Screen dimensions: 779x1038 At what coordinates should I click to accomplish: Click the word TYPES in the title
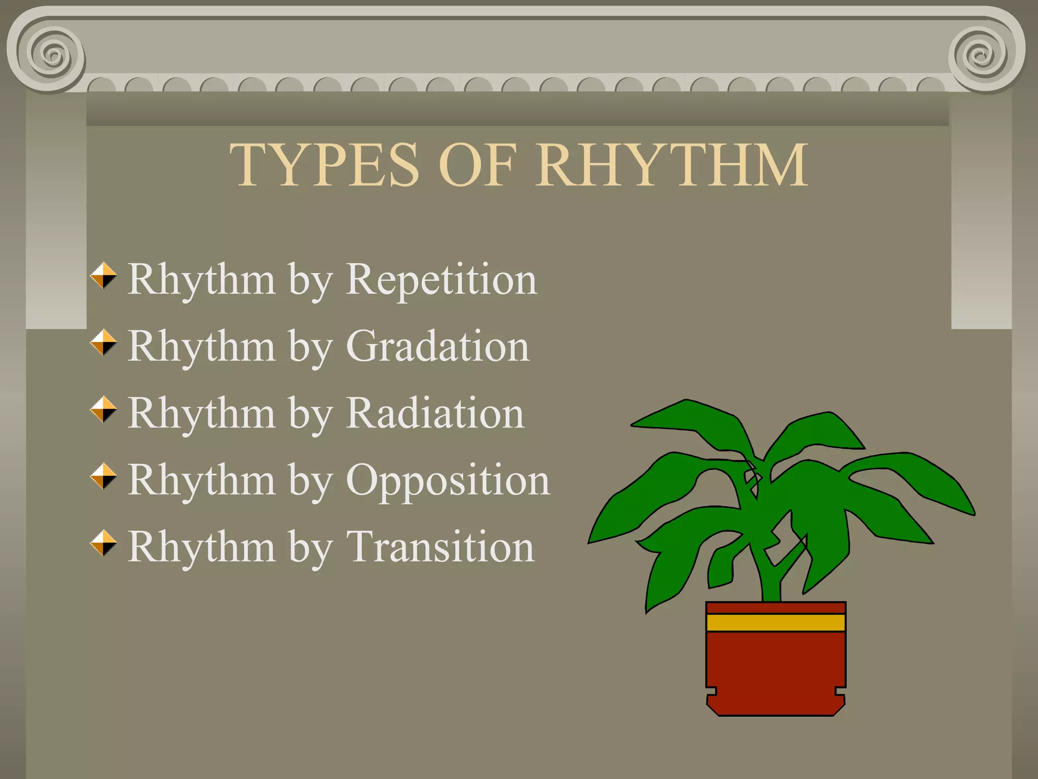tap(324, 165)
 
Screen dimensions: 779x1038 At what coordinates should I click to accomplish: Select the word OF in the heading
tap(477, 165)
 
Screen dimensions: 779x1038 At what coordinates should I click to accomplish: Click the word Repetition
tap(441, 280)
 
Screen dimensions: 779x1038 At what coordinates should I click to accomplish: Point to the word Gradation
tap(438, 346)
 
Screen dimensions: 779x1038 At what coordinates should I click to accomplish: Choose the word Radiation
tap(435, 413)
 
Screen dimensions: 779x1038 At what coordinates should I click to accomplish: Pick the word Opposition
tap(448, 481)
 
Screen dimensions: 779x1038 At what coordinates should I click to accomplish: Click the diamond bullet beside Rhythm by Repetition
tap(103, 276)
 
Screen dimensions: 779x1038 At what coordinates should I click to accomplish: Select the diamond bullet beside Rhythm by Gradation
tap(103, 343)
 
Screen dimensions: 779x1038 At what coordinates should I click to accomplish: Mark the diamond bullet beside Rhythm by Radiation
tap(103, 410)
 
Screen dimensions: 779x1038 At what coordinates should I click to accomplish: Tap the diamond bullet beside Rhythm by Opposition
tap(103, 477)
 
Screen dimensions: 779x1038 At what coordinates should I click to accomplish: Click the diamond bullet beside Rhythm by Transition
tap(103, 544)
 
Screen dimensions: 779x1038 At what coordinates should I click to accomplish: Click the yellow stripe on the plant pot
tap(775, 623)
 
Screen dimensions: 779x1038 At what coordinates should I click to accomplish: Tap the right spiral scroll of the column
tap(983, 55)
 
